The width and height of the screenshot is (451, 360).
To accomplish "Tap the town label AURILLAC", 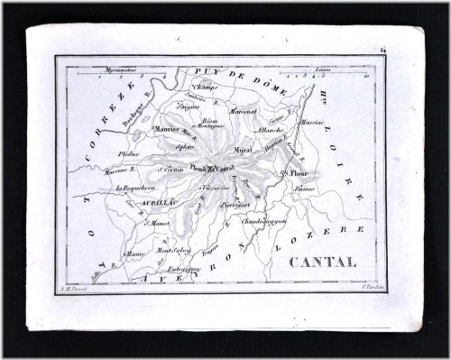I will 133,204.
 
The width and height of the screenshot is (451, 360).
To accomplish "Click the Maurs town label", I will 134,254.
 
